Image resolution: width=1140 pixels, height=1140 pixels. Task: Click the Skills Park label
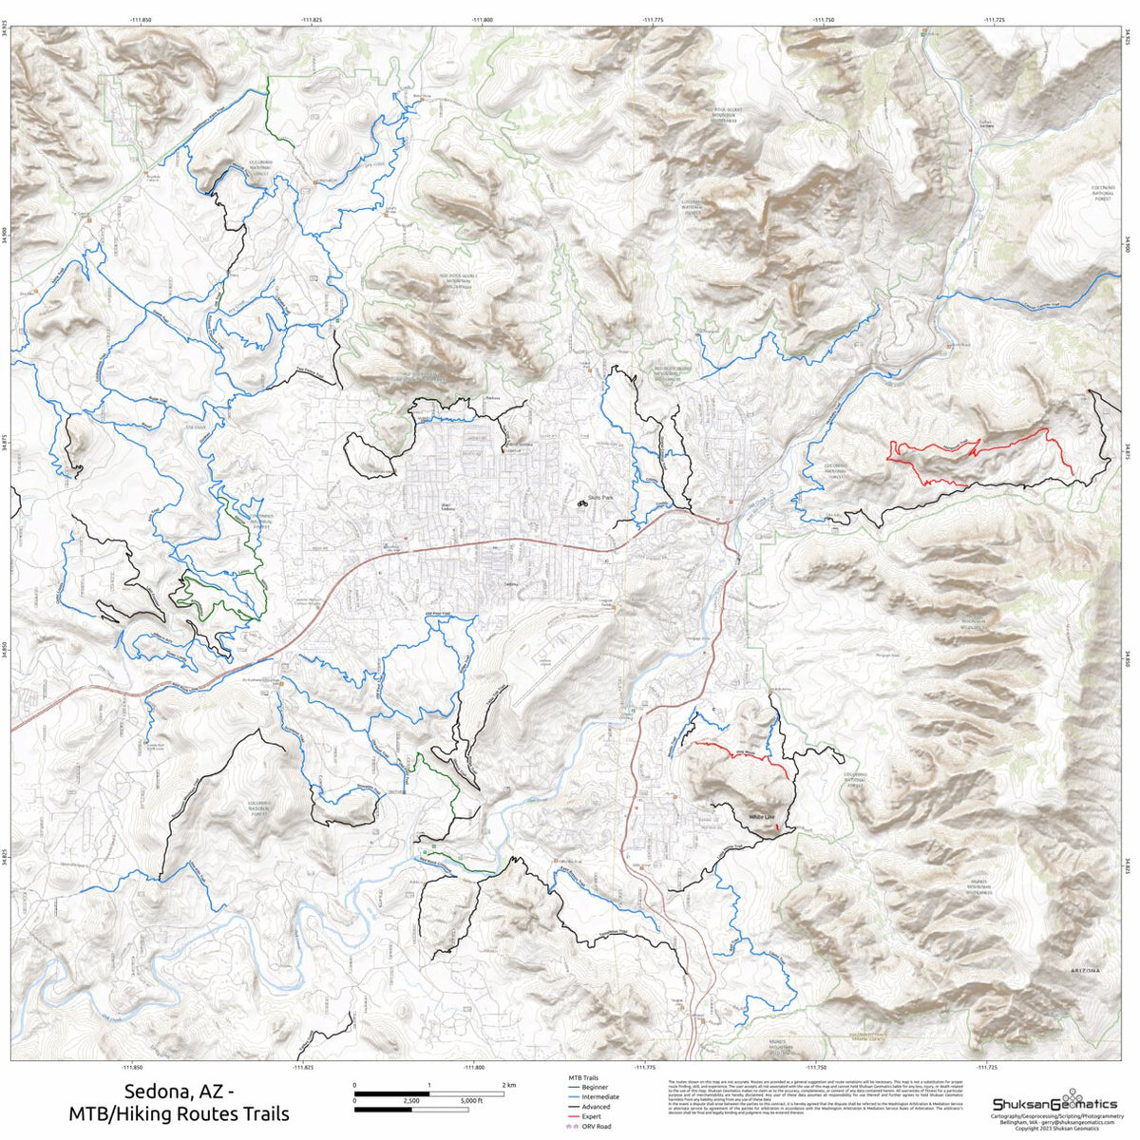[602, 496]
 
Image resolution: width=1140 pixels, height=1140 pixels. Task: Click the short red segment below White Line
[779, 829]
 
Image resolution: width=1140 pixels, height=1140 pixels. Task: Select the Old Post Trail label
[437, 616]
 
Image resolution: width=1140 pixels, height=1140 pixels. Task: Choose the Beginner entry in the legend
[595, 1087]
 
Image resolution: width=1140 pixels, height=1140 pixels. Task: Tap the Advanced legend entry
[597, 1107]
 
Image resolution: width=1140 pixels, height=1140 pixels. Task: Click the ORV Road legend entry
[596, 1126]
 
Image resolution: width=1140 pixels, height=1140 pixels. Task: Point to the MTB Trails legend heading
[582, 1078]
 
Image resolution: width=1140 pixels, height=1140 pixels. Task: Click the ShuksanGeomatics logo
[1054, 1103]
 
